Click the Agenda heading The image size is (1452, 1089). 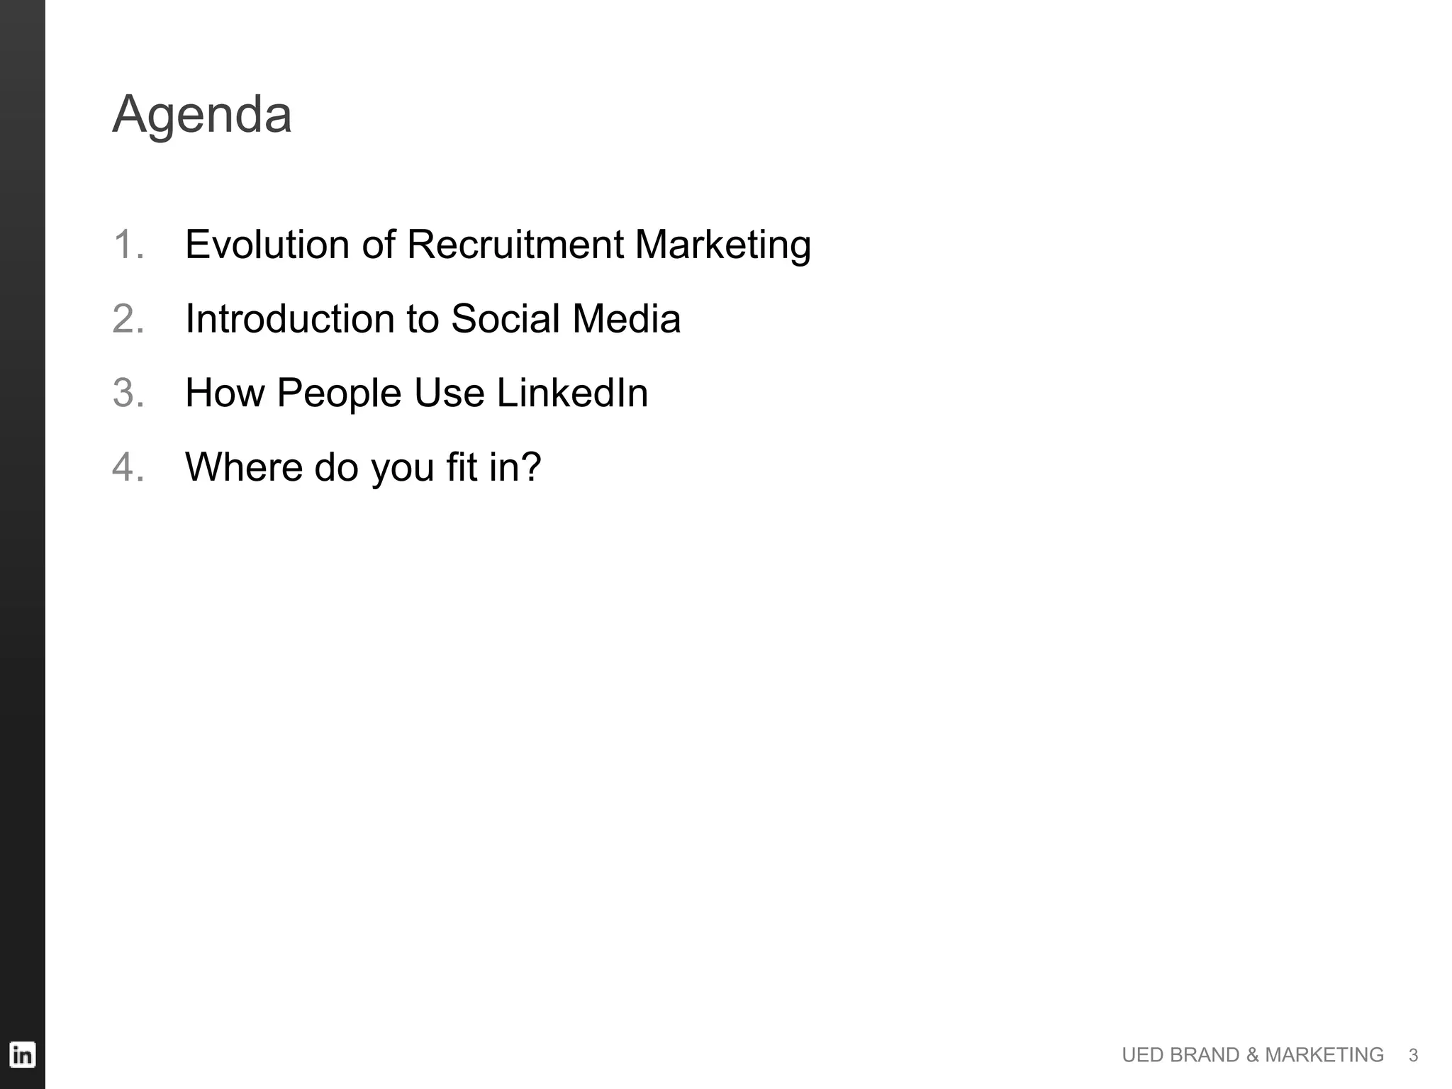202,115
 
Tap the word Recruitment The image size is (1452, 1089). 515,245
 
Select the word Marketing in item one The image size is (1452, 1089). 722,246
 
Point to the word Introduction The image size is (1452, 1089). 289,318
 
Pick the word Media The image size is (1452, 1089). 626,318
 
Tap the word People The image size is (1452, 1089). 339,393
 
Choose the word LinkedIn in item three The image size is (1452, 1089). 572,393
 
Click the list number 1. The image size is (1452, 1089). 128,245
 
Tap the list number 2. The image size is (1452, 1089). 128,318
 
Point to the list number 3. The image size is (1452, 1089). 128,393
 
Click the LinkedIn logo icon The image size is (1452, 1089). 22,1055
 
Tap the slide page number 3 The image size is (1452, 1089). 1413,1056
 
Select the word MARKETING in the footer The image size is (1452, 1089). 1324,1055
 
